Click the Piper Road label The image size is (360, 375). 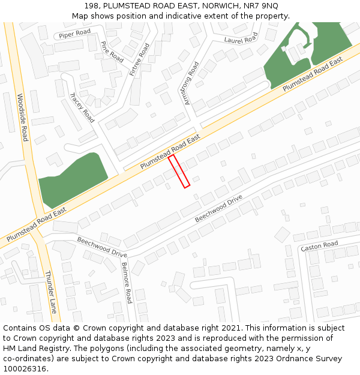click(x=74, y=34)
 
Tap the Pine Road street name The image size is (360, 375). click(x=112, y=52)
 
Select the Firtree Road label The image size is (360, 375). click(x=139, y=59)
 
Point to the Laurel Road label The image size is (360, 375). click(x=241, y=39)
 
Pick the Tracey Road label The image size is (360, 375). click(x=82, y=107)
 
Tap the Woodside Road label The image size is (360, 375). click(x=22, y=117)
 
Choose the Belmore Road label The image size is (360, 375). click(x=126, y=282)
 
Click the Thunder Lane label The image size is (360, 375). click(x=51, y=292)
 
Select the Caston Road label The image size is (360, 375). click(x=319, y=246)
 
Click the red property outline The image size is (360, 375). click(x=179, y=171)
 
